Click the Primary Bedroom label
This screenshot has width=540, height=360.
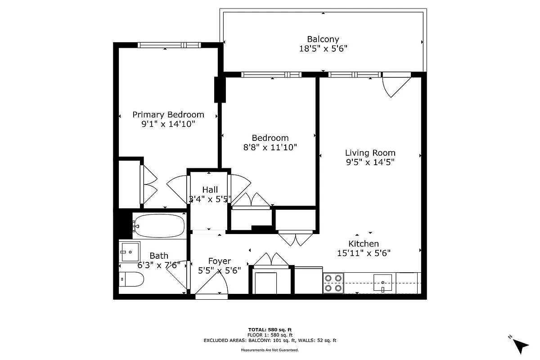(168, 115)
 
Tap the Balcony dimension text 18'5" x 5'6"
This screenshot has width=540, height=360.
(323, 49)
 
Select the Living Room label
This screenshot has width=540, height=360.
(370, 153)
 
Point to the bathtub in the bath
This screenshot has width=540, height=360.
(159, 225)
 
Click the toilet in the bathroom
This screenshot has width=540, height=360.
(132, 279)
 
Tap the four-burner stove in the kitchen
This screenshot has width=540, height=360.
(333, 283)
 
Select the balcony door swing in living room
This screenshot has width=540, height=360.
(395, 85)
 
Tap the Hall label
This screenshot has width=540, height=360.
(210, 189)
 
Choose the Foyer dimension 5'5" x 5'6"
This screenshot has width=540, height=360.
(220, 270)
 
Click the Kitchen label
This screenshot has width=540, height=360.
(364, 244)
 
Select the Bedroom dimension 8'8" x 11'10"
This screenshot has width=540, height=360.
(270, 147)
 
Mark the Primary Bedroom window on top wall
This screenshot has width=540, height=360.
(168, 45)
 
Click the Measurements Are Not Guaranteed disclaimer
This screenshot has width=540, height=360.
(270, 350)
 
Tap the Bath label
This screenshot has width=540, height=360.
(159, 256)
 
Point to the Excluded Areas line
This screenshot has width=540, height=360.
(270, 341)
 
